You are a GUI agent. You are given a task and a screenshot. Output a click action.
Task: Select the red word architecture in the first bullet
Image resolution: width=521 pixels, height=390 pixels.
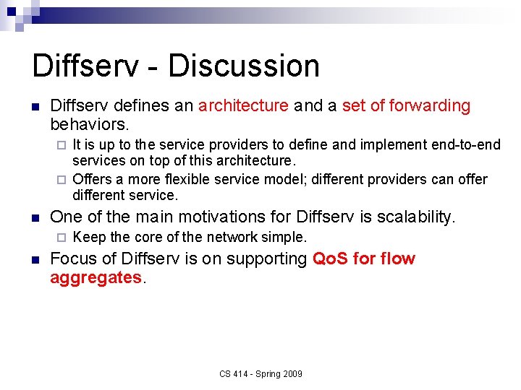pos(243,105)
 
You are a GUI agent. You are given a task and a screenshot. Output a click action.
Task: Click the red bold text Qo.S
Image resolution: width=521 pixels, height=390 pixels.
pos(331,259)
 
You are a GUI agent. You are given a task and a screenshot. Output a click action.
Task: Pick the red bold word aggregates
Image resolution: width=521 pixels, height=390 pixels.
pos(96,277)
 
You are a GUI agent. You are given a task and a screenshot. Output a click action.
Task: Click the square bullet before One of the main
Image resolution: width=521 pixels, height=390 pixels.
pos(35,217)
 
